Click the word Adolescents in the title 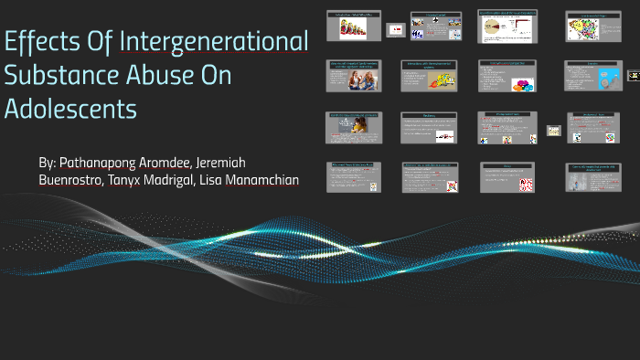(x=70, y=109)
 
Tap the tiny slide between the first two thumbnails (x=396, y=30)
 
